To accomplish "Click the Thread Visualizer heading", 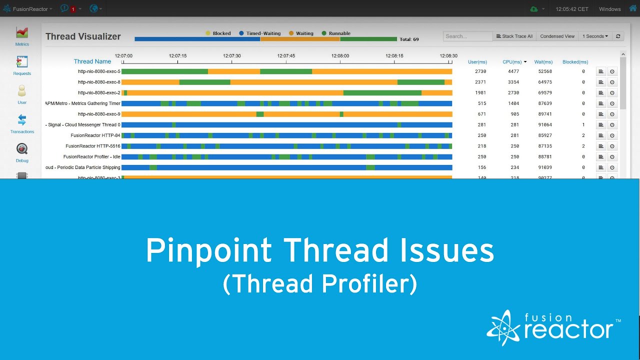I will (83, 36).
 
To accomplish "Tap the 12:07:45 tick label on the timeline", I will (286, 56).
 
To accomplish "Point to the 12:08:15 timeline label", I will (394, 56).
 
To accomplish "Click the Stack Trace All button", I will (514, 36).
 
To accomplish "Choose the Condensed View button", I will (557, 36).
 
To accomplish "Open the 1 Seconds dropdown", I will (595, 36).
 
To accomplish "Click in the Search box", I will (467, 36).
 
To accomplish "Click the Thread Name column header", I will (92, 61).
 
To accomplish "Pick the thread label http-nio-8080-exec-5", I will (99, 71).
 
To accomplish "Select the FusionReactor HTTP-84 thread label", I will (95, 135).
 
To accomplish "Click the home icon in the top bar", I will (632, 8).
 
